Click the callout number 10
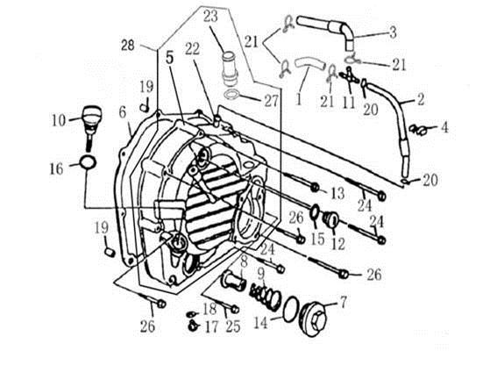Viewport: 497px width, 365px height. click(x=59, y=120)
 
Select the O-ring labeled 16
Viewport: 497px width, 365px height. click(x=88, y=162)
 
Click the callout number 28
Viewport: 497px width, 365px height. click(x=128, y=46)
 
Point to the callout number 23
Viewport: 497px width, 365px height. click(x=210, y=16)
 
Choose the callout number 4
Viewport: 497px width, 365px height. click(x=444, y=127)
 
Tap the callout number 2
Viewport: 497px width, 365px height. click(x=421, y=99)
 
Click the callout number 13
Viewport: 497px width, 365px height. click(x=337, y=193)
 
